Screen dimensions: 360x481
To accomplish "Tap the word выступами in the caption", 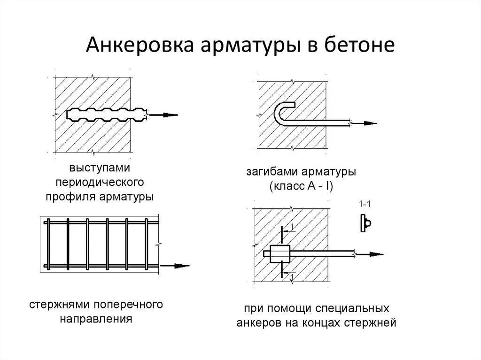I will (100, 168).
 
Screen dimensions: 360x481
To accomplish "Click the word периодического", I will (100, 181).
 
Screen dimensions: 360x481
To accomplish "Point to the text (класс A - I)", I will (301, 186).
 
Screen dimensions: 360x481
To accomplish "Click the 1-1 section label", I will (365, 205).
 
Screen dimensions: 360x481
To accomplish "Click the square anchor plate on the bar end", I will (280, 254).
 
